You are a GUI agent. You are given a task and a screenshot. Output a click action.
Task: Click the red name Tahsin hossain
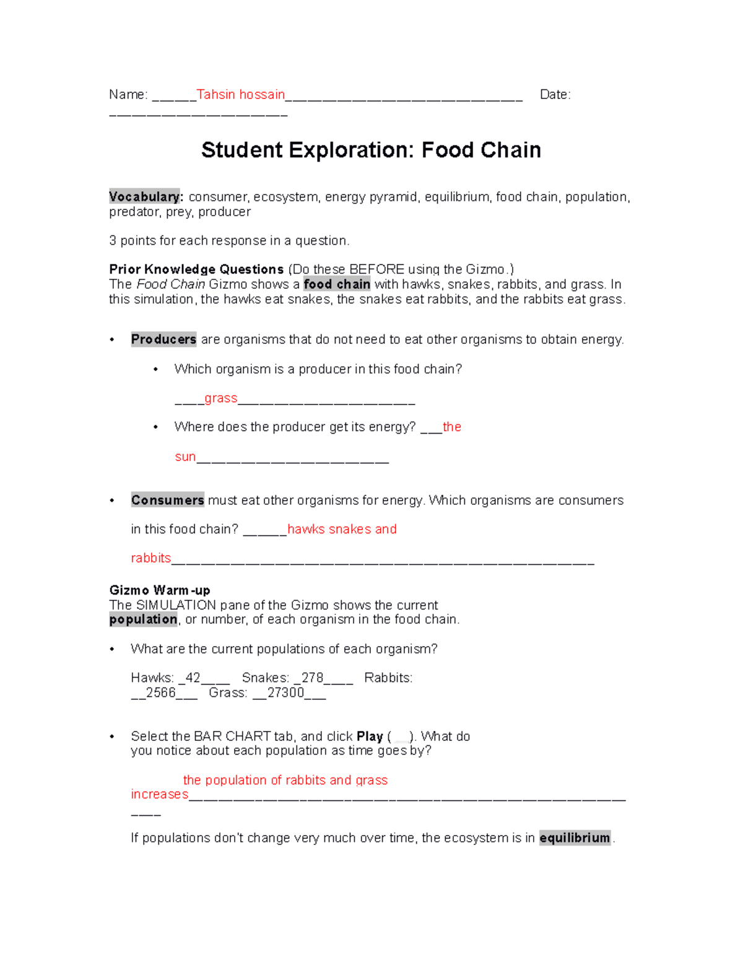click(240, 95)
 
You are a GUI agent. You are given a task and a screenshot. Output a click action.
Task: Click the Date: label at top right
click(555, 95)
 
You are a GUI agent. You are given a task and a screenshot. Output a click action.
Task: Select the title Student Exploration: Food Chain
click(371, 150)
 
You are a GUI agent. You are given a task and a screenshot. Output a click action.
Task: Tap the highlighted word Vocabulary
click(145, 197)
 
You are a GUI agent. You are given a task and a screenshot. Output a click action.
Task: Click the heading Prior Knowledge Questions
click(196, 269)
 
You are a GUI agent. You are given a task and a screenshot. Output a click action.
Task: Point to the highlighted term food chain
click(337, 284)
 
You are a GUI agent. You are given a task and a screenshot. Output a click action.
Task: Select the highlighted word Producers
click(163, 339)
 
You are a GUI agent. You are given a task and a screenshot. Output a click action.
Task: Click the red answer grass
click(221, 398)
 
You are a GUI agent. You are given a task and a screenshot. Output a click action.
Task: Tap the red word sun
click(185, 457)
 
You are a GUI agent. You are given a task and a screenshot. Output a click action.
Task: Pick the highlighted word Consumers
click(167, 500)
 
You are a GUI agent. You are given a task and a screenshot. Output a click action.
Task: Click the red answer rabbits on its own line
click(150, 558)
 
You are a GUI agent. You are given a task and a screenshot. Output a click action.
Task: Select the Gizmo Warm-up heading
click(160, 590)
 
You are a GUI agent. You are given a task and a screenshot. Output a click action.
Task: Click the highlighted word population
click(143, 619)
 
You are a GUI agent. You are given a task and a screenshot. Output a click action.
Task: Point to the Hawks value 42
click(193, 678)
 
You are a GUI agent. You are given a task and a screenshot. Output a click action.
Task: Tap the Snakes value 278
click(312, 678)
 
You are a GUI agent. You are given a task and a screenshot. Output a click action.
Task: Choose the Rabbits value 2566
click(160, 693)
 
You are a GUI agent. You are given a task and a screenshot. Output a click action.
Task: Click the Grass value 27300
click(285, 693)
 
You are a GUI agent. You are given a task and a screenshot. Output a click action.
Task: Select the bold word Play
click(370, 737)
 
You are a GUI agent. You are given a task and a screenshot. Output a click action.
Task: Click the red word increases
click(159, 794)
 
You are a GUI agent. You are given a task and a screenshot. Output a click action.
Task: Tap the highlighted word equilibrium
click(575, 838)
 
